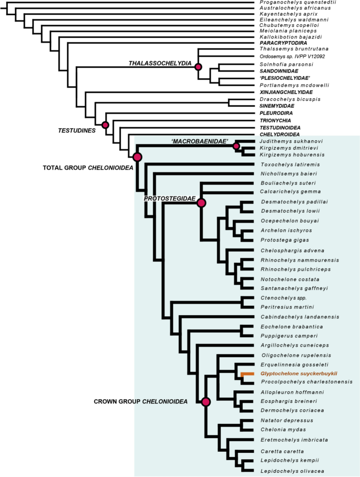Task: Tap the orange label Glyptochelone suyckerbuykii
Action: coord(299,374)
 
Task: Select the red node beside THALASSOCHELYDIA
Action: coord(198,67)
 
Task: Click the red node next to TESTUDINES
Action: coord(105,125)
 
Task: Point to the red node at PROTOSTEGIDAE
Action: coord(201,203)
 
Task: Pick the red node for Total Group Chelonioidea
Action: coord(138,157)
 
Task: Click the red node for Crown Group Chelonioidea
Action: coord(205,402)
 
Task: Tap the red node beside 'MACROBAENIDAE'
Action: coord(236,146)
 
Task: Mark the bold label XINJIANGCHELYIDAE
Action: coord(290,92)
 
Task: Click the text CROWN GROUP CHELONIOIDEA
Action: coord(140,402)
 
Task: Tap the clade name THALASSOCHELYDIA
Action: coord(160,64)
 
